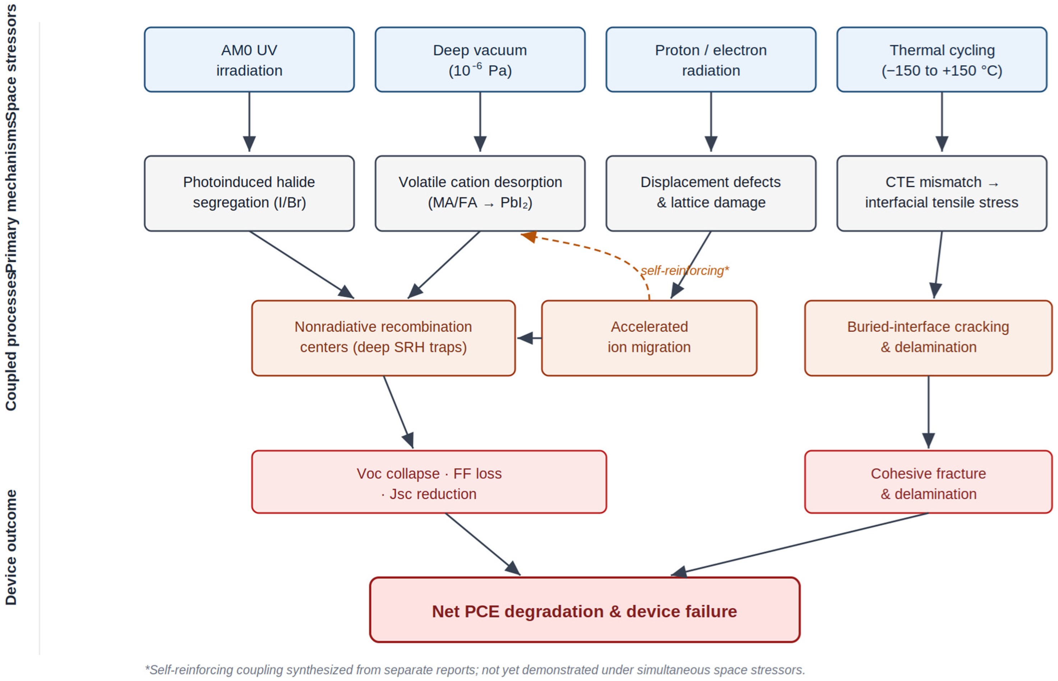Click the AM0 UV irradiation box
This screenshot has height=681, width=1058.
249,60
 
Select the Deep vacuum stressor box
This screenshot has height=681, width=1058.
480,60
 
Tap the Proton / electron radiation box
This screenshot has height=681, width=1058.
711,60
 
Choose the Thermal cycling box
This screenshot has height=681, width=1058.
942,60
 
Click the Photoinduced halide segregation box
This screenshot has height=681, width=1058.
249,193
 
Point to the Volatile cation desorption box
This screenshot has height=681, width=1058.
480,193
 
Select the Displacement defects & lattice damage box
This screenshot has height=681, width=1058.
711,193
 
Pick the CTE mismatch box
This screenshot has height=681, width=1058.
942,193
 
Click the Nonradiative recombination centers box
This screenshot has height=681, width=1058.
384,338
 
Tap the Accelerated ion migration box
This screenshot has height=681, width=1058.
649,338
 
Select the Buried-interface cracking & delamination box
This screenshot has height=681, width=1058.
928,338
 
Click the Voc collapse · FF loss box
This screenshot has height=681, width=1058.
429,482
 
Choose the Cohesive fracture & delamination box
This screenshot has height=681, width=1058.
928,482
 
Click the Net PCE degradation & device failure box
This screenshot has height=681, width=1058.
585,610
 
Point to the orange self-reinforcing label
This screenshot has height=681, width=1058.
684,270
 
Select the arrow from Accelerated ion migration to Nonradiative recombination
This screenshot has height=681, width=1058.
529,338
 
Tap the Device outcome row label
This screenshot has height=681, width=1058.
11,547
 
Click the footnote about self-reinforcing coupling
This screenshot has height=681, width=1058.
475,670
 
